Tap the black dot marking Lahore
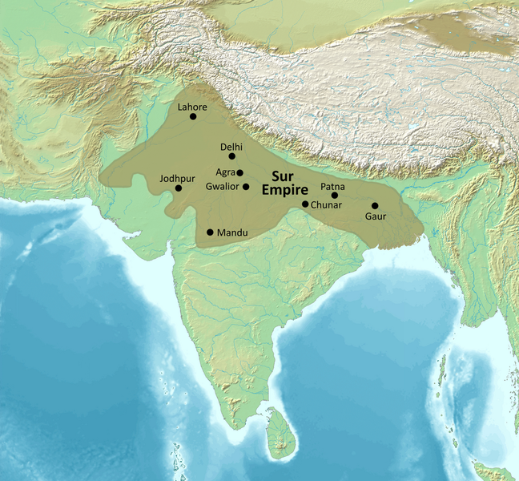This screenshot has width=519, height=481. [193, 117]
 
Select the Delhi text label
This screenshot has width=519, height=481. [231, 147]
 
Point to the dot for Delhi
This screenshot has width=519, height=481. [232, 156]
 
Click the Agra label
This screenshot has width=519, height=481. [224, 172]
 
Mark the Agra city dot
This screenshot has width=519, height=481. [239, 172]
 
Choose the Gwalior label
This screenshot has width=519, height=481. [222, 187]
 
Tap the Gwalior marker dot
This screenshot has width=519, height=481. [246, 187]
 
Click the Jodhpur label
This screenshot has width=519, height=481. [177, 178]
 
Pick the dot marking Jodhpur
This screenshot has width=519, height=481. [178, 188]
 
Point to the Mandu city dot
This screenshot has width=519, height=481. [210, 232]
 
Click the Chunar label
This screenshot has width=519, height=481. [328, 205]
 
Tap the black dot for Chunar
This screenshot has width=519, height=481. [305, 204]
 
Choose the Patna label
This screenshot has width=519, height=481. [333, 186]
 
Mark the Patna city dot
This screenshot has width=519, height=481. [335, 195]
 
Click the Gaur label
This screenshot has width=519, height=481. [375, 216]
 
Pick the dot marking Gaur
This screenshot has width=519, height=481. [375, 206]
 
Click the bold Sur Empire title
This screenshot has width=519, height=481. [288, 184]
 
